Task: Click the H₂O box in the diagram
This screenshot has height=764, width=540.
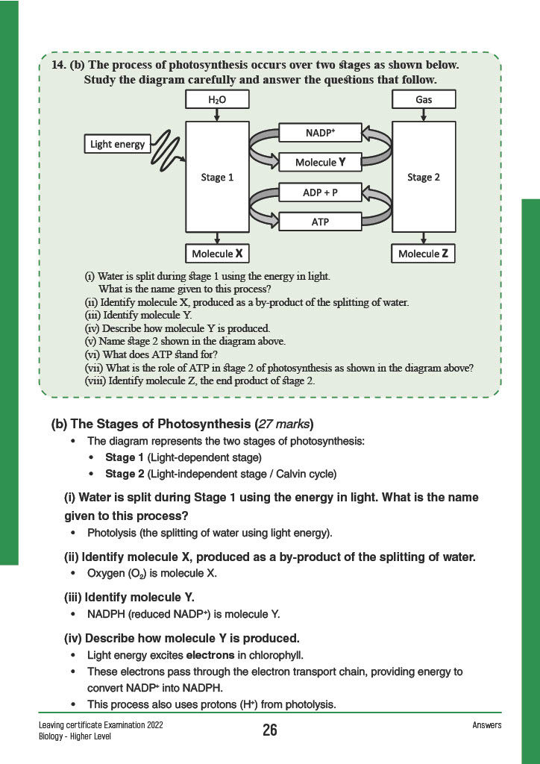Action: (217, 100)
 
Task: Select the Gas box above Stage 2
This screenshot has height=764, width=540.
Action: (424, 100)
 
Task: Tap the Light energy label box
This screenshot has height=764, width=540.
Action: (118, 144)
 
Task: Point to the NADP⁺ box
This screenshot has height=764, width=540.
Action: (320, 132)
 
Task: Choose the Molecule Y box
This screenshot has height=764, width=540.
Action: (320, 162)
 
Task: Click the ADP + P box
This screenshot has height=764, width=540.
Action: (320, 192)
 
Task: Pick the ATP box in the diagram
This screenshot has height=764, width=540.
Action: (320, 222)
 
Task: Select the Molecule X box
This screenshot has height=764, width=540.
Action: (217, 254)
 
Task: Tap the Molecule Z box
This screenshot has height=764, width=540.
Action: (424, 254)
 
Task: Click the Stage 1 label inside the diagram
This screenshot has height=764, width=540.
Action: (217, 178)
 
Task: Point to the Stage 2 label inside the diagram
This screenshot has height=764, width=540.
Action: (424, 178)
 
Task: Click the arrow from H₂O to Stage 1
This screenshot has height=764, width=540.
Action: (217, 115)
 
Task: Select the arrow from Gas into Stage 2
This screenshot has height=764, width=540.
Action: (424, 115)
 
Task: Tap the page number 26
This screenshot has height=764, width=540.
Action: (270, 730)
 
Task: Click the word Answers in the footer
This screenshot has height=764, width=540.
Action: (487, 725)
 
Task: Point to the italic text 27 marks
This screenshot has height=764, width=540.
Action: (285, 424)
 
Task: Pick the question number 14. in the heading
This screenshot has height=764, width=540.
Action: (60, 65)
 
